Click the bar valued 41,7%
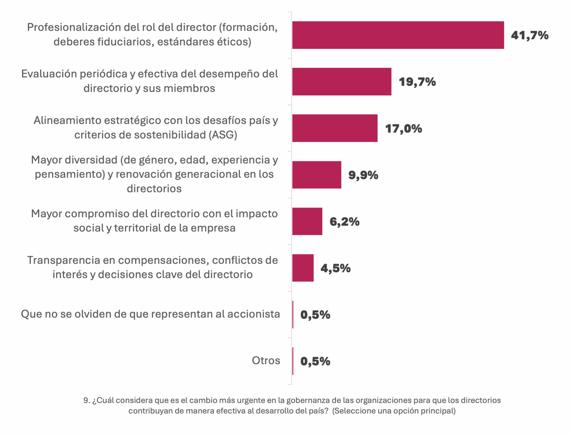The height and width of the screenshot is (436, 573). click(398, 35)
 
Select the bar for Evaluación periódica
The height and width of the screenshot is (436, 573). click(342, 82)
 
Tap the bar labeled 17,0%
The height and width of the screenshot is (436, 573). click(335, 128)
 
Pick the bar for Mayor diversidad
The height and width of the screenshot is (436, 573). click(317, 175)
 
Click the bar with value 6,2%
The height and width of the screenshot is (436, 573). click(307, 221)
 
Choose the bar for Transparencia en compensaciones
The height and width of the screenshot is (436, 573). click(303, 268)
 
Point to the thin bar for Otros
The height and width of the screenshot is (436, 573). click(293, 361)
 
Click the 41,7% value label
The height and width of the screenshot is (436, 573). click(529, 35)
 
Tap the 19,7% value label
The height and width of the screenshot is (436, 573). click(417, 82)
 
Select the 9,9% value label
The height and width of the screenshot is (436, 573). click(363, 175)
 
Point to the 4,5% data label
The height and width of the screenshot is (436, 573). click(335, 268)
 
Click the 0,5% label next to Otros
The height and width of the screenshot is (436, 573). click(315, 361)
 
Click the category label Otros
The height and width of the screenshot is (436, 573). click(266, 361)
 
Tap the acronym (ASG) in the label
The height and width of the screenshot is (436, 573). click(223, 135)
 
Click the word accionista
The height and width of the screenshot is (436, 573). click(253, 314)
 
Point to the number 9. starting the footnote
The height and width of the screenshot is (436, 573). click(87, 400)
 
